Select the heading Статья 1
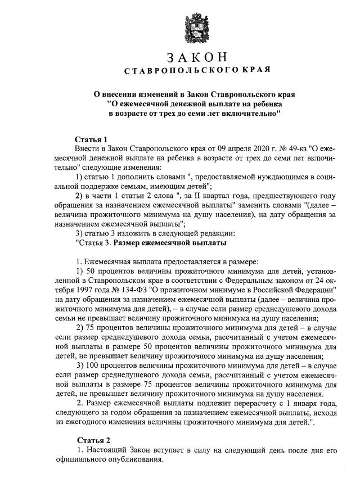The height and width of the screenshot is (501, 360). (x=91, y=139)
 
